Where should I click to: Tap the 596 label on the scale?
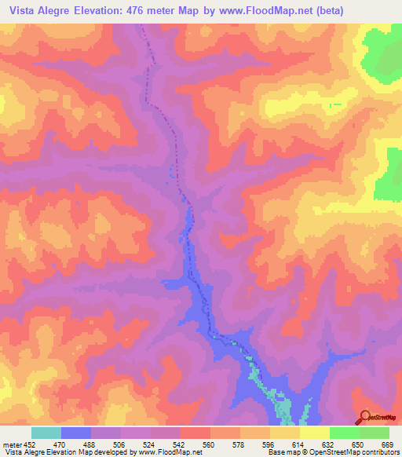[270, 445]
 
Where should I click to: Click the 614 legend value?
[300, 445]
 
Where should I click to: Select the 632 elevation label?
[330, 445]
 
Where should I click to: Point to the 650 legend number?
[360, 445]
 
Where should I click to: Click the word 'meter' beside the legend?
[12, 445]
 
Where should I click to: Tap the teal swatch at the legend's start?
[46, 433]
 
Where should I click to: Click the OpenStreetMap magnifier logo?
[364, 417]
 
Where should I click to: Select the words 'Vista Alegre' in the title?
[36, 9]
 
